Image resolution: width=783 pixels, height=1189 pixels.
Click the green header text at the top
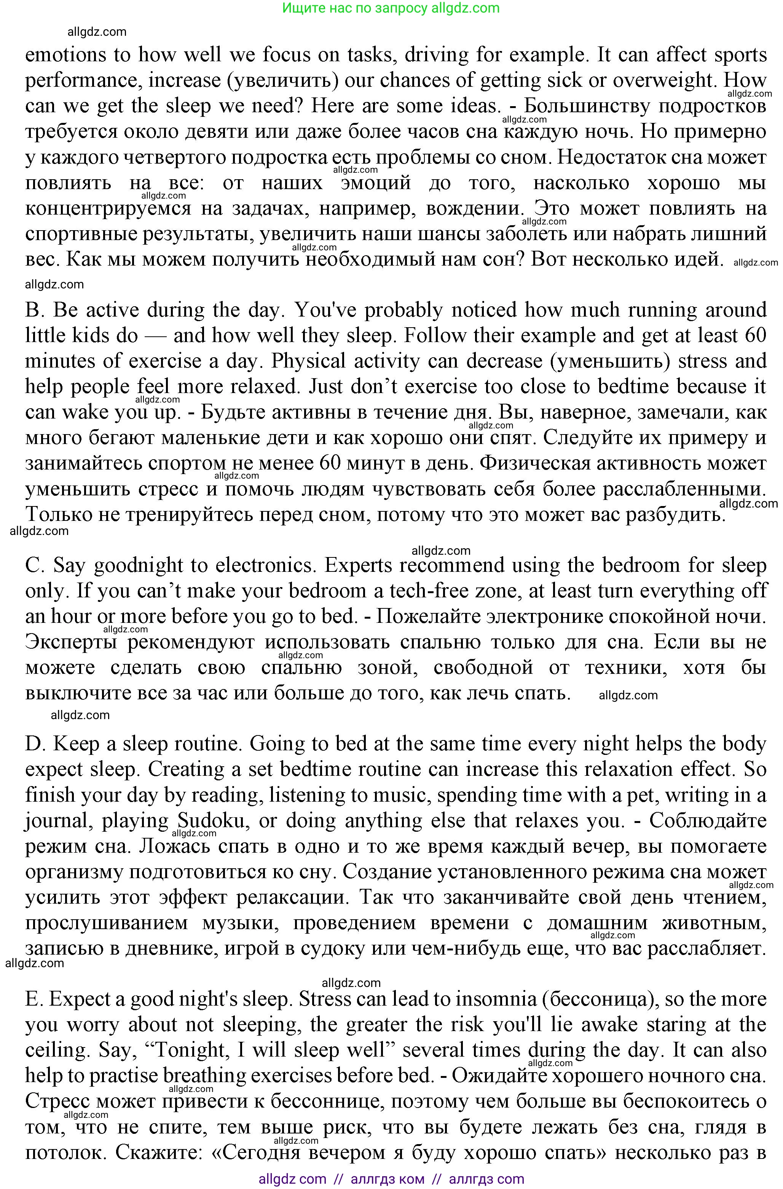coord(391,8)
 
